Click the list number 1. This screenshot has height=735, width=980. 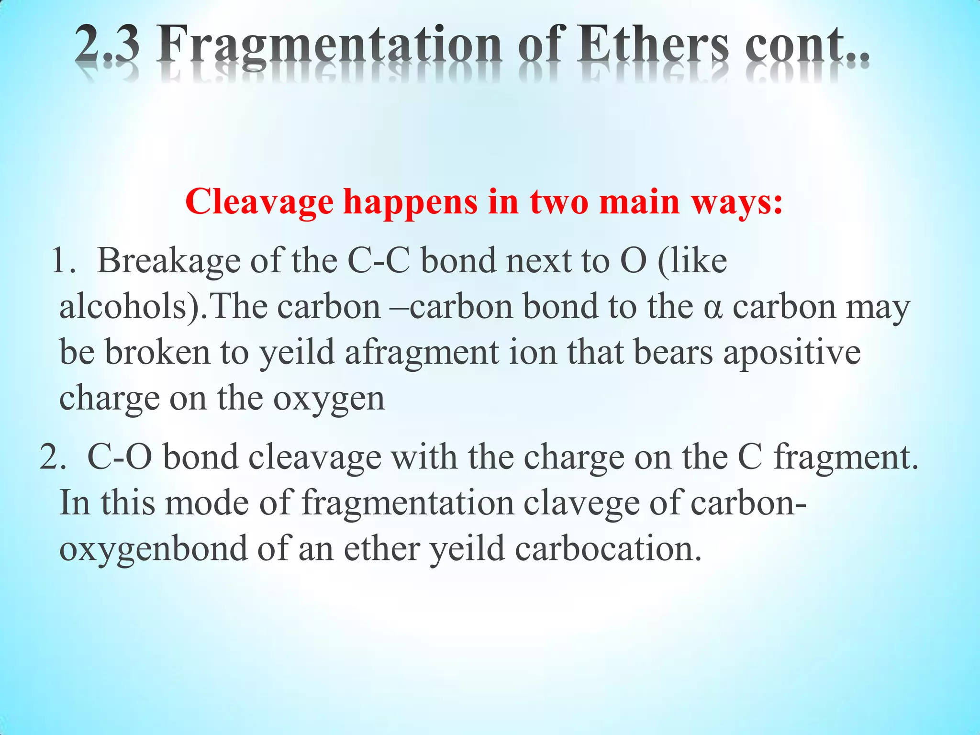(x=62, y=261)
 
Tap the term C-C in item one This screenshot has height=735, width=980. (x=379, y=261)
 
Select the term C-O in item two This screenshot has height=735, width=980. (x=120, y=457)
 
